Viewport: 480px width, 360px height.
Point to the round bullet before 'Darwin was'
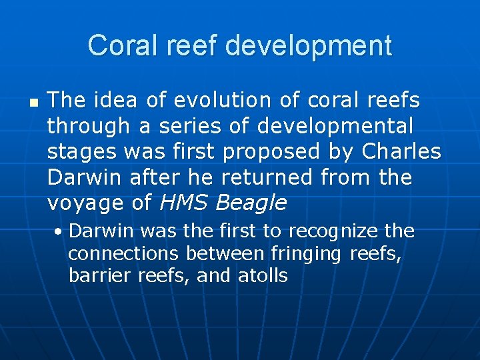coord(60,232)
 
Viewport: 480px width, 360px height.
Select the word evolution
coord(213,101)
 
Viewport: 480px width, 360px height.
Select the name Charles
coord(401,152)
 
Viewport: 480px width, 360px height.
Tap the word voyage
coord(84,203)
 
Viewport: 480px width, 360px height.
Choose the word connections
coord(123,253)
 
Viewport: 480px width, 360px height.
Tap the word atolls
coord(263,275)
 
